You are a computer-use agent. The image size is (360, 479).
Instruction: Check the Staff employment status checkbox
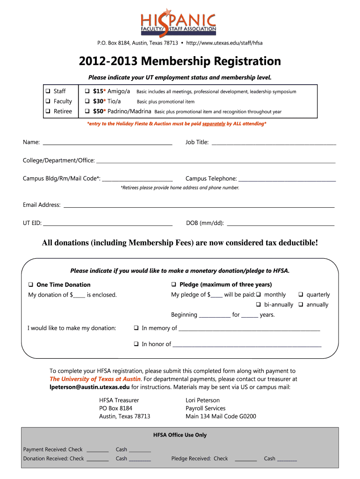click(x=48, y=91)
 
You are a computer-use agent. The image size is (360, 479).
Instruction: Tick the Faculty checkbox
click(x=48, y=102)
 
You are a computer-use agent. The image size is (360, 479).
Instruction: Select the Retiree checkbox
click(x=48, y=111)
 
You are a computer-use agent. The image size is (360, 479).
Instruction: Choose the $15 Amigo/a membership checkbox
click(x=87, y=91)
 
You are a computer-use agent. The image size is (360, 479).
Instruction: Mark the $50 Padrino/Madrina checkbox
click(x=87, y=111)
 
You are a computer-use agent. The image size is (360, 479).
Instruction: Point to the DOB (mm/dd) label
click(x=205, y=223)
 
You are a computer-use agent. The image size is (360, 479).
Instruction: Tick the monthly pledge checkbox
click(x=258, y=295)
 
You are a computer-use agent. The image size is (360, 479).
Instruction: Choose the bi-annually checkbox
click(x=258, y=305)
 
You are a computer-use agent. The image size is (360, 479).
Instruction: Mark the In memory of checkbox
click(x=136, y=328)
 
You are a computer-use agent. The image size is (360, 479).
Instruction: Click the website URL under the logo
click(x=224, y=43)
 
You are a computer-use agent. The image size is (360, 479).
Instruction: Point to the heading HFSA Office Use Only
click(x=180, y=435)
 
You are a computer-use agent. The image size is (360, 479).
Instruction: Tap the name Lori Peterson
click(x=202, y=400)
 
